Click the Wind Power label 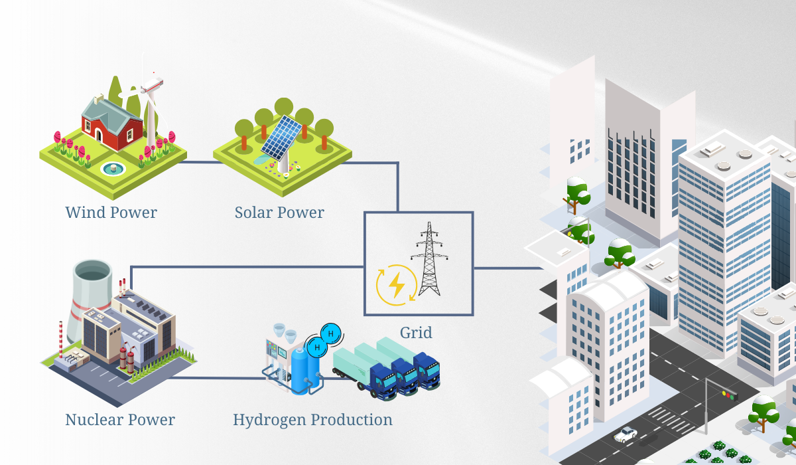coord(111,213)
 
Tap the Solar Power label coord(279,213)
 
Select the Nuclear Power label coord(120,420)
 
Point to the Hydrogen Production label coord(312,420)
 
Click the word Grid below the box coord(416,332)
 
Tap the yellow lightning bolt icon coord(397,284)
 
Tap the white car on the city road coord(626,435)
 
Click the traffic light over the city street coord(729,396)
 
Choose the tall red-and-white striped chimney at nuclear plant coord(61,339)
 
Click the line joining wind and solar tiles coord(199,161)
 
